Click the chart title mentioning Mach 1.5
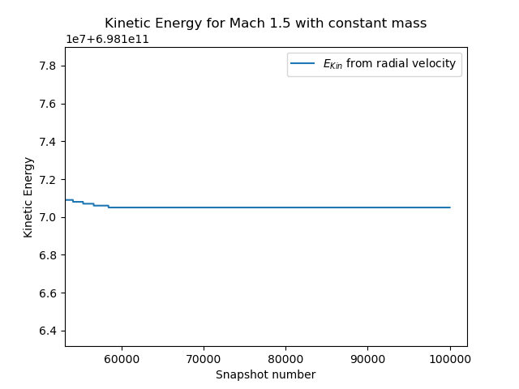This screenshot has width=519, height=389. pyautogui.click(x=265, y=24)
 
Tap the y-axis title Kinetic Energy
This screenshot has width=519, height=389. pyautogui.click(x=28, y=197)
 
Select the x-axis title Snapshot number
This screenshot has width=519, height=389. pyautogui.click(x=265, y=374)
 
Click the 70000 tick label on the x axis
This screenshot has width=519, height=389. pyautogui.click(x=203, y=358)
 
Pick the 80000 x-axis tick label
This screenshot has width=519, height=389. pyautogui.click(x=285, y=358)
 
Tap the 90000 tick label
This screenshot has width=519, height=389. pyautogui.click(x=367, y=358)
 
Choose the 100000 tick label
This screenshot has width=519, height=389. pyautogui.click(x=450, y=358)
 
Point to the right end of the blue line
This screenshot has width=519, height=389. pyautogui.click(x=450, y=207)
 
